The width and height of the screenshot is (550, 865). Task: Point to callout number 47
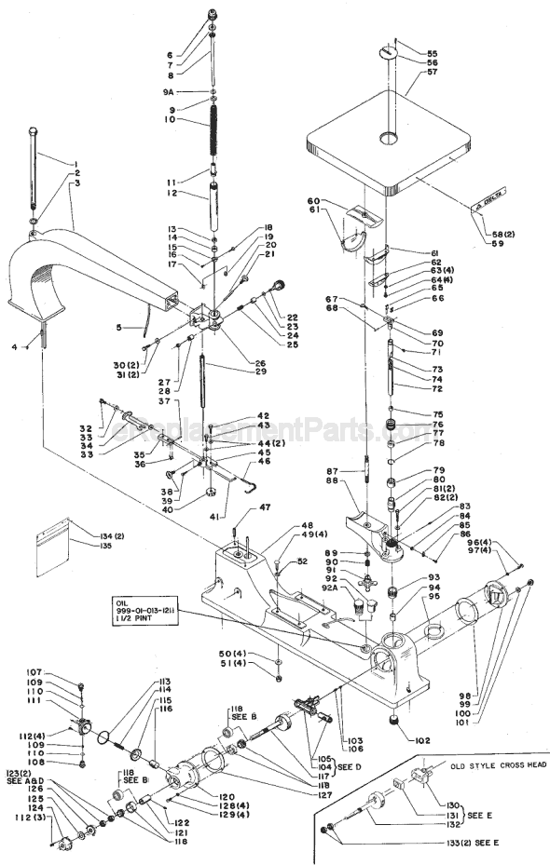tap(265, 507)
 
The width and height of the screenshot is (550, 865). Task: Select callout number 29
tap(247, 372)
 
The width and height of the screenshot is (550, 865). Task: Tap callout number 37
tap(163, 401)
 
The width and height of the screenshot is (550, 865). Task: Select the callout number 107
tap(61, 672)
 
